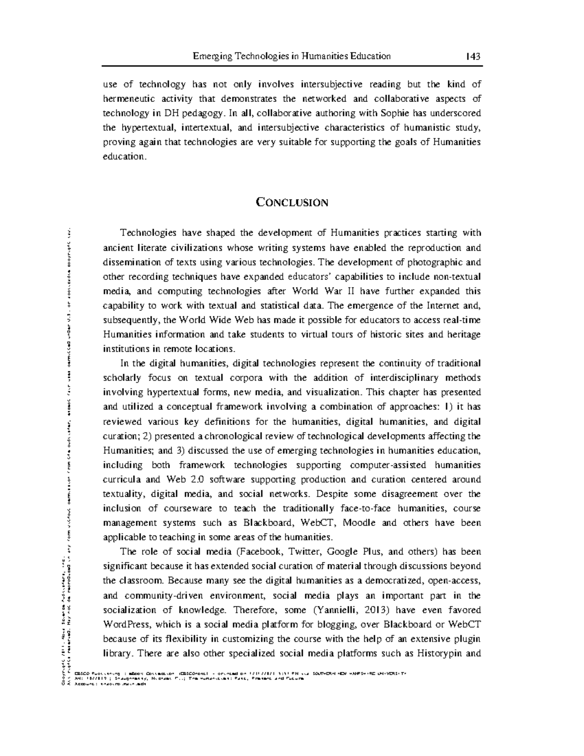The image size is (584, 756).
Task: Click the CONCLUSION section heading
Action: (x=292, y=202)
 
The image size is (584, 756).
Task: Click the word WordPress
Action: (x=126, y=625)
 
